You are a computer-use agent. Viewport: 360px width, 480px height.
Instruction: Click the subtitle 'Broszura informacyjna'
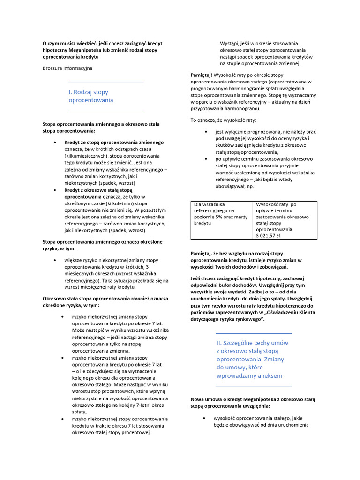[67, 68]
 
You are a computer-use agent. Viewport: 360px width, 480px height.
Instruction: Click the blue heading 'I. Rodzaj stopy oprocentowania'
[91, 96]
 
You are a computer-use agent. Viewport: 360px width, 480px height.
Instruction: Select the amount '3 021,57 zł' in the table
[268, 236]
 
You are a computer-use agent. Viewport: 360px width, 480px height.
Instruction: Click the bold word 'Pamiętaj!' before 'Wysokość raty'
[202, 75]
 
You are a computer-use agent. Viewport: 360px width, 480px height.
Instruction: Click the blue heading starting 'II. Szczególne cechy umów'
[252, 359]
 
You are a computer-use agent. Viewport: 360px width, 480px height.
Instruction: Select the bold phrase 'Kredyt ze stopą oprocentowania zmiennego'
[114, 142]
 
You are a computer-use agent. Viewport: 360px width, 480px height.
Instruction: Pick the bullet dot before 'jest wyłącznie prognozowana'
[206, 132]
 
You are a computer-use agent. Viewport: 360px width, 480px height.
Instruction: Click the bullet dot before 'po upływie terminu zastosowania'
[206, 159]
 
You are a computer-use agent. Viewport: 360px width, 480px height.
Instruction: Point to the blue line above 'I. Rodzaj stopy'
[106, 82]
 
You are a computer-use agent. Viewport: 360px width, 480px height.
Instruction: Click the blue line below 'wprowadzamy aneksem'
[253, 386]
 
